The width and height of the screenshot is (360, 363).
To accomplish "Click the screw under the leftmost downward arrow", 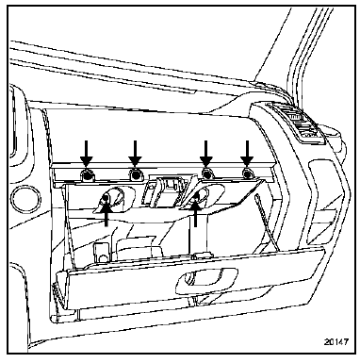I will point(88,175).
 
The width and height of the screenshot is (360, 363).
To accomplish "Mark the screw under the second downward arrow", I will point(135,175).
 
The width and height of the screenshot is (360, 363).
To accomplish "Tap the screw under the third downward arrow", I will point(206,174).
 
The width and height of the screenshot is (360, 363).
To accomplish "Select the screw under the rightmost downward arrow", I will point(247,174).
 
